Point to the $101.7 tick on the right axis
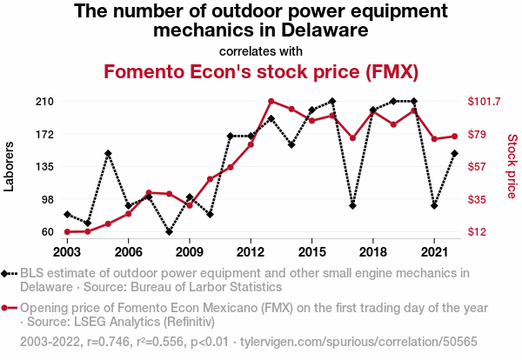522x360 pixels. (484, 102)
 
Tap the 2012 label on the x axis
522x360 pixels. (251, 251)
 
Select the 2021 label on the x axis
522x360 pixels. (434, 251)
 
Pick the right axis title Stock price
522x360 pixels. (512, 164)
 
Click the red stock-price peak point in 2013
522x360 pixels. (271, 102)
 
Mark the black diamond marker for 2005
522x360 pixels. (108, 154)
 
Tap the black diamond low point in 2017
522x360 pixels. (352, 206)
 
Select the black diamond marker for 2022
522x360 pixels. (454, 154)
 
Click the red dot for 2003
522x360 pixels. (67, 232)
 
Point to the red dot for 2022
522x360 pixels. (454, 136)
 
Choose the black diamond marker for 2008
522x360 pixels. (170, 232)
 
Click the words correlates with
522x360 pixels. (261, 50)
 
